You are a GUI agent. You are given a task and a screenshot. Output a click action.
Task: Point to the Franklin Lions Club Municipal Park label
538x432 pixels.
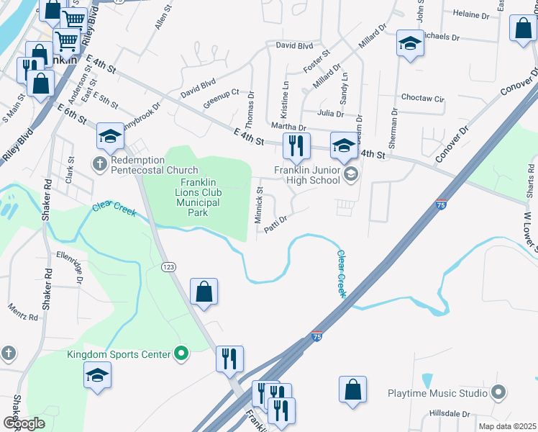tap(191, 197)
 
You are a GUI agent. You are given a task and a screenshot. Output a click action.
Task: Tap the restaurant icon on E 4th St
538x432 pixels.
tap(296, 146)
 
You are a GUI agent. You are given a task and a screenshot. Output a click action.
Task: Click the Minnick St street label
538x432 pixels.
tap(260, 206)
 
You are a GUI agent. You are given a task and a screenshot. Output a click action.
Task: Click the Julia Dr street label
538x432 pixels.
tap(331, 114)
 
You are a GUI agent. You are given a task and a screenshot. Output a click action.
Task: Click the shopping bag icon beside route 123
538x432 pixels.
tap(204, 292)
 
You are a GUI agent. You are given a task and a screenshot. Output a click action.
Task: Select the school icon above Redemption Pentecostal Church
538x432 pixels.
tap(110, 135)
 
